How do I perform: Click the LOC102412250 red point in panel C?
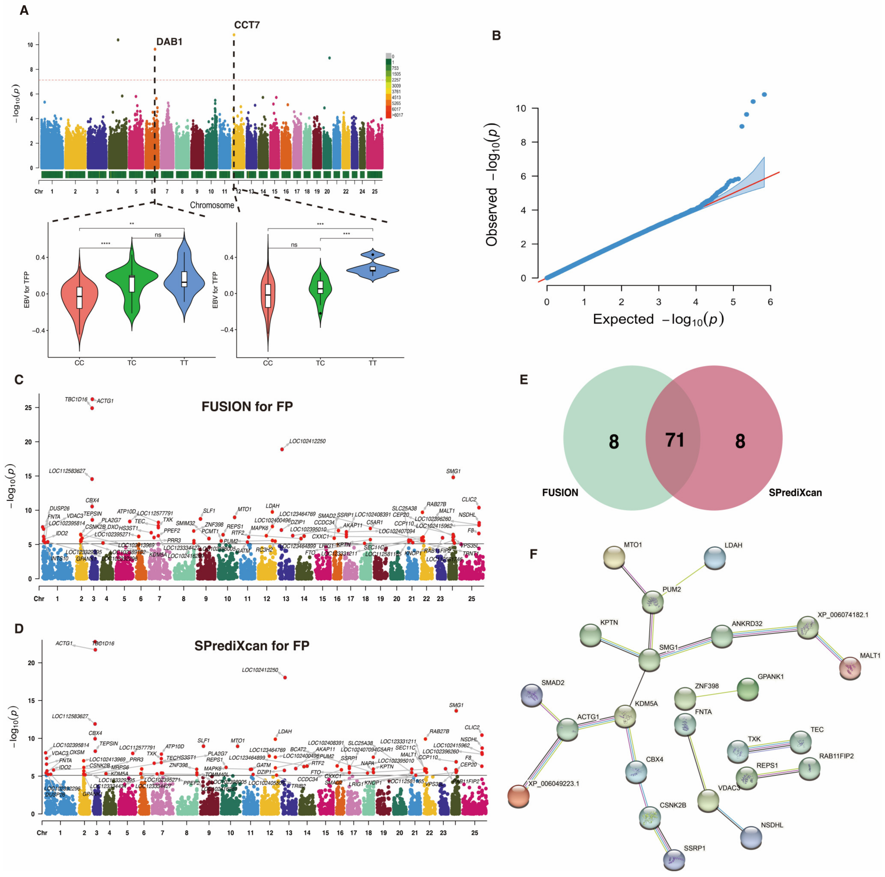pos(282,449)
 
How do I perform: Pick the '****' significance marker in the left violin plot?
pos(106,243)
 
